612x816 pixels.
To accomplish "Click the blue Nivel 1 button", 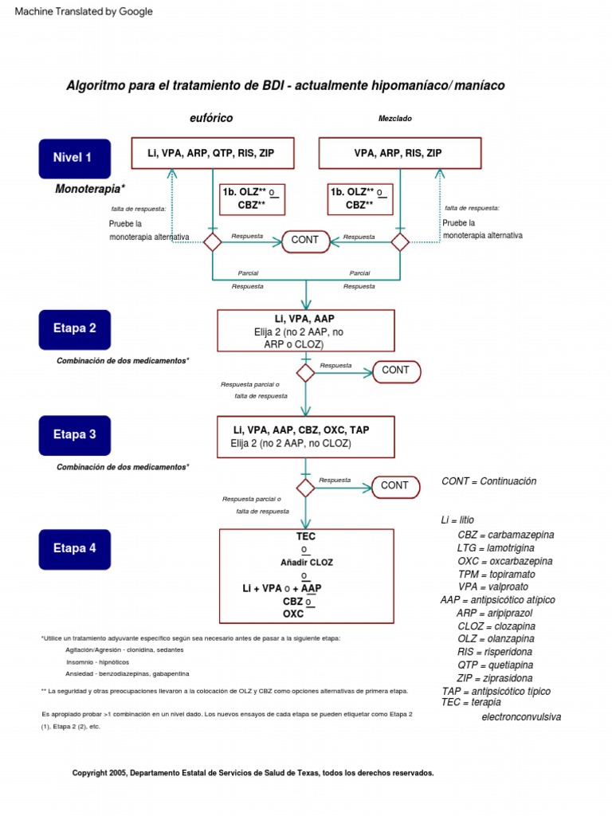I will click(x=74, y=158).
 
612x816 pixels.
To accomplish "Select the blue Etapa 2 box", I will click(x=74, y=328).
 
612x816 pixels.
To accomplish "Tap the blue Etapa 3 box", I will click(x=74, y=435).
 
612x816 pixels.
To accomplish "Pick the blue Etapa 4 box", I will click(x=74, y=548).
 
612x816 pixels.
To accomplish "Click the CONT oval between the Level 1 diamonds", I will click(x=305, y=241).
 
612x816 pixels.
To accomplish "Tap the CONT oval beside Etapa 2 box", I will click(x=395, y=371).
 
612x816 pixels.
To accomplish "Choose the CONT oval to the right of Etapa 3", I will click(x=394, y=485).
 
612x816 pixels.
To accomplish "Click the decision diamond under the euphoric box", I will click(x=212, y=242).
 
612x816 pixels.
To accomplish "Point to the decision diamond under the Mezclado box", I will click(x=399, y=242).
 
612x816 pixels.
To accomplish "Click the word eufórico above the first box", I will click(x=211, y=118).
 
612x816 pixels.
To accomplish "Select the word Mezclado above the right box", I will click(x=394, y=119).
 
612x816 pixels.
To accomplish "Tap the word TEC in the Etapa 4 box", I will click(x=305, y=537).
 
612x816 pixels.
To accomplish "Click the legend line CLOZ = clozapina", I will click(x=496, y=626).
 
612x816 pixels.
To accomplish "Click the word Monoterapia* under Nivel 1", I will click(x=90, y=190).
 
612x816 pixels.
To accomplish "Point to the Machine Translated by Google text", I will click(x=84, y=12).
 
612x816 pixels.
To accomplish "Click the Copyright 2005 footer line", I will click(x=253, y=773).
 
